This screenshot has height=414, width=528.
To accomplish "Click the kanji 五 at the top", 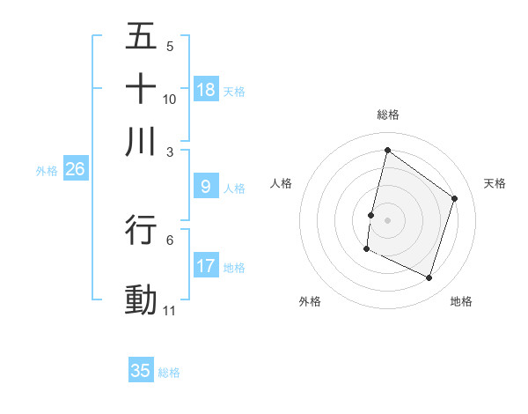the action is [x=141, y=36].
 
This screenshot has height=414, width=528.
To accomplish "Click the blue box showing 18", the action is [x=206, y=90].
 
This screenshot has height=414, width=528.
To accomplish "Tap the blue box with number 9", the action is [x=206, y=187].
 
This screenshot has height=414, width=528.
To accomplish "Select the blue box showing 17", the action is [x=206, y=266].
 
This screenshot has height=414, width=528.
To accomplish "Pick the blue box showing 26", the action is [x=75, y=170].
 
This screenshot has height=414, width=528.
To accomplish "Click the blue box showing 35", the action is [x=141, y=371].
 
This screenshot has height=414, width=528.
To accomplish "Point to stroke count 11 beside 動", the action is [x=170, y=311].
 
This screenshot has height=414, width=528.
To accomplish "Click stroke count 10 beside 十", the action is [x=170, y=99].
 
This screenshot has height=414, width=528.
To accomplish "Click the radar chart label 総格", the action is [x=387, y=115].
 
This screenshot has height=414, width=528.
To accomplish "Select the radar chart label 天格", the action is [x=495, y=183].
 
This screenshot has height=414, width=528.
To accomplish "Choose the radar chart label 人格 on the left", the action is [x=282, y=183].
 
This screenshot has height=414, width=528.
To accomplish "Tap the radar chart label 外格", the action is [x=310, y=301].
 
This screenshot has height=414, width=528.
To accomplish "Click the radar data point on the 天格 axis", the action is [x=455, y=198].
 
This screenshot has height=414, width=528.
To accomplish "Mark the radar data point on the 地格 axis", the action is [x=429, y=278].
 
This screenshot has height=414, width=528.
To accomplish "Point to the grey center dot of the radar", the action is [x=387, y=220].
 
